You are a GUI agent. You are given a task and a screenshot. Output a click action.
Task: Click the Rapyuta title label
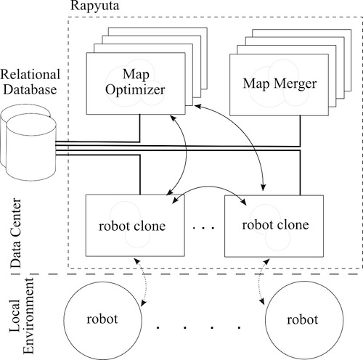(x=94, y=6)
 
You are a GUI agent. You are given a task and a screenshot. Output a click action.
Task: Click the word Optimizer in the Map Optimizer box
(x=135, y=90)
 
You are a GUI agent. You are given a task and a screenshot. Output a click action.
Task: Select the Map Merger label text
(x=280, y=84)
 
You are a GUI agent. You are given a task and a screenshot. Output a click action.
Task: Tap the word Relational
(x=30, y=74)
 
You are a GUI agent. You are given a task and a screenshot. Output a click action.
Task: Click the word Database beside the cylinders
(x=30, y=89)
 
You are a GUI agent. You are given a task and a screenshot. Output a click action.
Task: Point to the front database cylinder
(x=31, y=147)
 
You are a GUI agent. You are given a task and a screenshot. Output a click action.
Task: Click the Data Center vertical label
(x=16, y=233)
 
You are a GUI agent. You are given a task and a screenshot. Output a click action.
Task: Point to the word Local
(x=15, y=316)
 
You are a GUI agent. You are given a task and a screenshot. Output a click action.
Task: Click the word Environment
(x=28, y=316)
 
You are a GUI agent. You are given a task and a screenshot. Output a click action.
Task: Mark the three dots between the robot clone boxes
(x=204, y=228)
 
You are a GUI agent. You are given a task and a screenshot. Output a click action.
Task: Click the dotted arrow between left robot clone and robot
(x=145, y=282)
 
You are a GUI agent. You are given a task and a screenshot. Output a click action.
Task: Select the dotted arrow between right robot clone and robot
(x=260, y=282)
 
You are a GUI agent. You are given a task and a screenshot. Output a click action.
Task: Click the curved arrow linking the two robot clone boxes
(x=208, y=187)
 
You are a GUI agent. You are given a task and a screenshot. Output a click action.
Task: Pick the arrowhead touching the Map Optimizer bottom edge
(x=172, y=118)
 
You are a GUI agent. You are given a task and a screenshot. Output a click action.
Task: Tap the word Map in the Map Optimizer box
(x=136, y=74)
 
